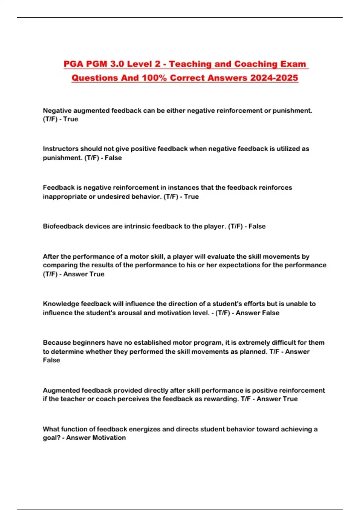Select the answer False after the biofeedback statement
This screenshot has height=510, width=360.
[x=257, y=226]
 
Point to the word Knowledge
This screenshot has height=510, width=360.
[x=61, y=304]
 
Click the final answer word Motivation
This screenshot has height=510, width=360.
[x=109, y=438]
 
